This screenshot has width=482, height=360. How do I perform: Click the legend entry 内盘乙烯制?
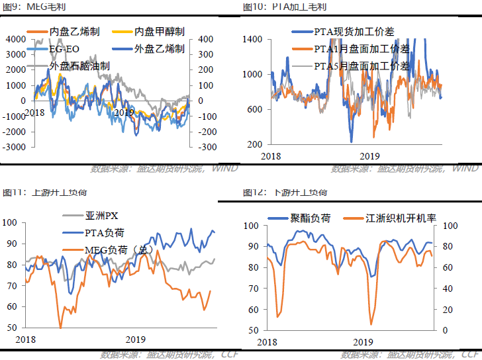(73, 31)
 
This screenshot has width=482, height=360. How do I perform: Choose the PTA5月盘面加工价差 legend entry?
(361, 66)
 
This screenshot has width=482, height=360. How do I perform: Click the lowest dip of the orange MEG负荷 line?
(60, 327)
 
